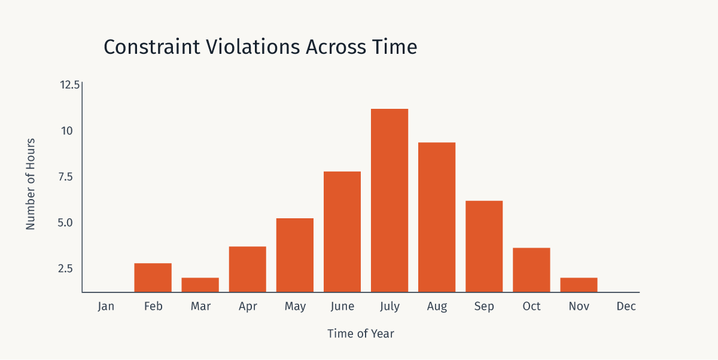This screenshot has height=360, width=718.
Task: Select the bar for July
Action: pos(390,200)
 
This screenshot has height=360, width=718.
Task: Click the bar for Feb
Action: pos(153,277)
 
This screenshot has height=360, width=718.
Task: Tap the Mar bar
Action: pos(200,285)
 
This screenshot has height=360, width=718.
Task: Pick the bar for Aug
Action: pos(437,217)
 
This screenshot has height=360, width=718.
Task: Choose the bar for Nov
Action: pos(579,285)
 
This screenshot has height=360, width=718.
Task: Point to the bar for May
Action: pos(295,255)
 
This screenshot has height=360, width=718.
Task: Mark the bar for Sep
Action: pos(484,246)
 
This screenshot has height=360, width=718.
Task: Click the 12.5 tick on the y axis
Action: pos(69,85)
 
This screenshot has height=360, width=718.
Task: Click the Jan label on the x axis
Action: pos(105,307)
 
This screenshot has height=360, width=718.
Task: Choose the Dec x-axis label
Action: pos(626,307)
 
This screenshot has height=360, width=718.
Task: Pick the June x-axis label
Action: pos(342,307)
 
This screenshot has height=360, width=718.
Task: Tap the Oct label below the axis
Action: pos(531,307)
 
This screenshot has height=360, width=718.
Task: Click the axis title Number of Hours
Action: pos(31,184)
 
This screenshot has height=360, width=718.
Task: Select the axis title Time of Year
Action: pos(361,334)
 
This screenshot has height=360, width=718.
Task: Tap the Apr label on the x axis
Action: pos(248,307)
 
